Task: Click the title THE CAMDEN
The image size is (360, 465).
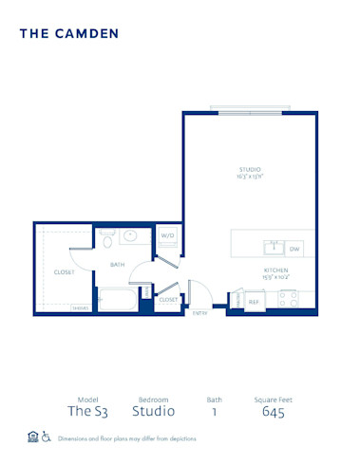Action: [x=68, y=33]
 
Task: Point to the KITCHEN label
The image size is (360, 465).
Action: [x=276, y=270]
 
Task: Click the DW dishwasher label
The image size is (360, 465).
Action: [x=294, y=248]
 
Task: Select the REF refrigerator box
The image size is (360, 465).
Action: [x=254, y=301]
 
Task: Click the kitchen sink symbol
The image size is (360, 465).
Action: [x=274, y=248]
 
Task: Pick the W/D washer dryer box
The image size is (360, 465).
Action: [x=167, y=236]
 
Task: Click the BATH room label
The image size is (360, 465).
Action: [x=118, y=264]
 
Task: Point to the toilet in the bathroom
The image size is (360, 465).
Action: [x=107, y=235]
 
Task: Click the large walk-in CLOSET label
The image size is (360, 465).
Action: [x=65, y=272]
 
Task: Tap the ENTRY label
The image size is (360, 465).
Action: [x=200, y=312]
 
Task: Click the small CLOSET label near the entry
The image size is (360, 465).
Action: [x=168, y=299]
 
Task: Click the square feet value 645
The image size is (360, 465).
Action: [x=273, y=411]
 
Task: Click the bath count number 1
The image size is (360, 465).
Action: [x=214, y=411]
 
